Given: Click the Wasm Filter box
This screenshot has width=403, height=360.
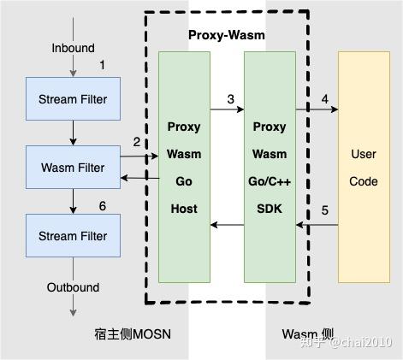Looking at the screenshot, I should click(73, 168).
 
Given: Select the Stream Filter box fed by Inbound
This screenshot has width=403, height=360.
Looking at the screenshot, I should click(73, 99).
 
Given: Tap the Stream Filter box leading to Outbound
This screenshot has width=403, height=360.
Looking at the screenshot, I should click(73, 236).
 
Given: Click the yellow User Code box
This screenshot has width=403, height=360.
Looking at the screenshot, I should click(364, 167).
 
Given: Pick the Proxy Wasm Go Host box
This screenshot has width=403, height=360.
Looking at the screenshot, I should click(184, 167).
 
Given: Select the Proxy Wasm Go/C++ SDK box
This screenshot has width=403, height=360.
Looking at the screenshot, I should click(270, 167).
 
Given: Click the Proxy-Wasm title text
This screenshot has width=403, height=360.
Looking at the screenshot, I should click(227, 35).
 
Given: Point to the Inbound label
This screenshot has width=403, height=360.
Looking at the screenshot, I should click(73, 48).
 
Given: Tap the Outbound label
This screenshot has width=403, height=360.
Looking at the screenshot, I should click(73, 287).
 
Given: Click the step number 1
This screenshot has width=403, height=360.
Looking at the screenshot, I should click(103, 65).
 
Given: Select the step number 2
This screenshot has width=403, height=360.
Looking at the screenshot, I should click(137, 141).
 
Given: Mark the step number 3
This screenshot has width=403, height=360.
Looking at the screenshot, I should click(230, 99).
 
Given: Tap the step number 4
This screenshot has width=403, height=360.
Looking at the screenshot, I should click(324, 99).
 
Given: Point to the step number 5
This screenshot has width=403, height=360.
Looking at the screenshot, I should click(324, 210).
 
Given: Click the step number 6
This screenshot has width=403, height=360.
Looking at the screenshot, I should click(103, 206).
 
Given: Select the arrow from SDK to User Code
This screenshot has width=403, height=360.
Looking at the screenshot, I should click(317, 110).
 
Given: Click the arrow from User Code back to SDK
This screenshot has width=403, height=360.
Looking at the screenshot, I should click(317, 225).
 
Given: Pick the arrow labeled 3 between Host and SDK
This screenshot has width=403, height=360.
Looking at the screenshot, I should click(227, 110).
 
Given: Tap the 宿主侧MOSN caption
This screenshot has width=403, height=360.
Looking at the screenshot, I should click(133, 333).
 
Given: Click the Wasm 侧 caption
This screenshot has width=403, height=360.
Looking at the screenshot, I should click(307, 333).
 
